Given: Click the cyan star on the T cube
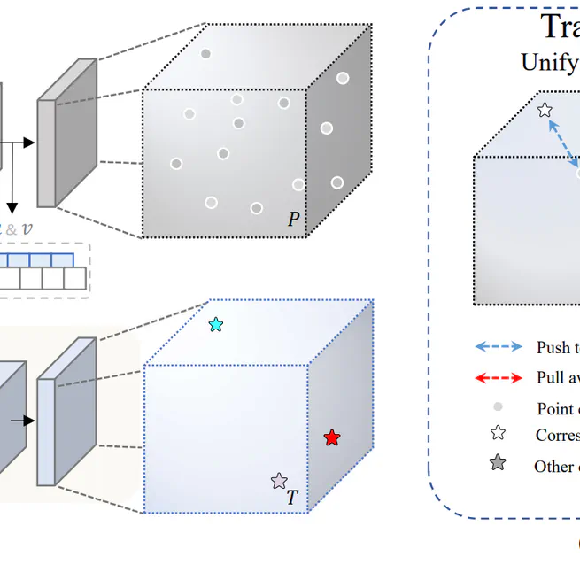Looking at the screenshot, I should click(216, 325).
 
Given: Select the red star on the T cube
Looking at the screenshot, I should click(331, 438).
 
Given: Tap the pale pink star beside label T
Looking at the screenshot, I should click(279, 481).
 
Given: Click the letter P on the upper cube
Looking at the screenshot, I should click(294, 219).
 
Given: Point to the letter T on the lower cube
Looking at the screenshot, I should click(292, 498).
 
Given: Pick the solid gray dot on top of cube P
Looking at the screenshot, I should click(205, 54).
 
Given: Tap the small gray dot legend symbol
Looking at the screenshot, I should click(498, 407).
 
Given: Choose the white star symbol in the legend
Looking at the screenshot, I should click(498, 433).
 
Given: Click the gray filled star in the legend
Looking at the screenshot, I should click(498, 463).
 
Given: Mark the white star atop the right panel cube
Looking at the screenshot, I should click(545, 110).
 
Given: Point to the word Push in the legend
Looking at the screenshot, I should click(553, 348).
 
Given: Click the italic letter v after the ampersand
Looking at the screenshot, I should click(27, 228).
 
